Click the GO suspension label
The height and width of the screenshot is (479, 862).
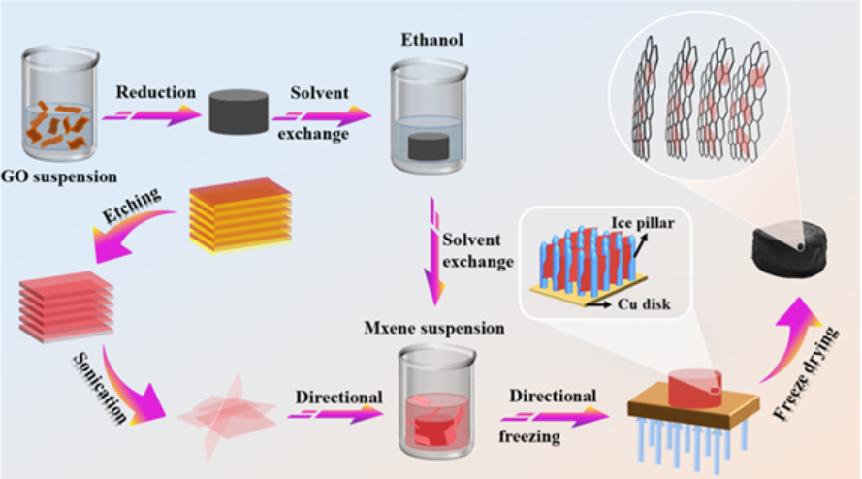(x=61, y=177)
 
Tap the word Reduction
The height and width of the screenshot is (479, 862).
(x=155, y=93)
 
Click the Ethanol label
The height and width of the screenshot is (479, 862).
(x=428, y=42)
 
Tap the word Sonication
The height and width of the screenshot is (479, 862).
(x=98, y=388)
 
